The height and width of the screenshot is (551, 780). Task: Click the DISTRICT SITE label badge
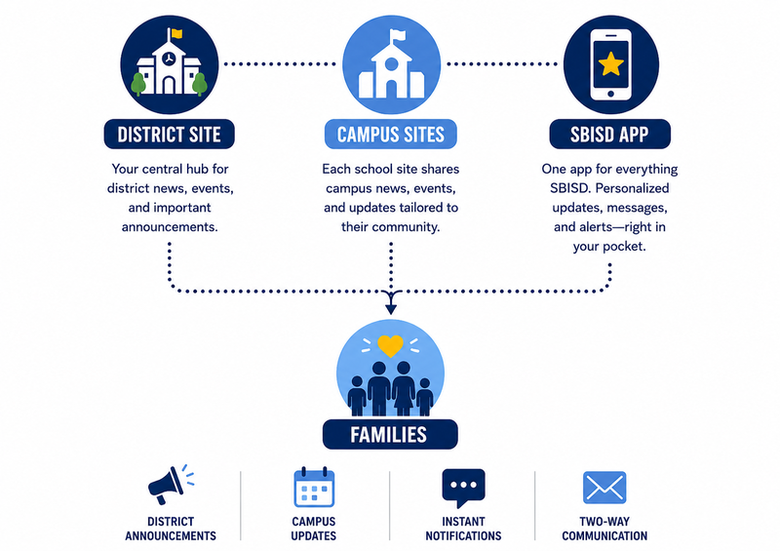(169, 135)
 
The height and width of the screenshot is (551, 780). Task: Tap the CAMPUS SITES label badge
(391, 135)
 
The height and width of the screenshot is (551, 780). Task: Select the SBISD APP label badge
(610, 135)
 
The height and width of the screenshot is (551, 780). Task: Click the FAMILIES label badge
(390, 435)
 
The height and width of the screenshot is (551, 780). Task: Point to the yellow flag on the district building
(176, 34)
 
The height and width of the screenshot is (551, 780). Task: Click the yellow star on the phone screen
(611, 64)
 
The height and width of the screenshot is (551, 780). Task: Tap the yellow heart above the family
(390, 346)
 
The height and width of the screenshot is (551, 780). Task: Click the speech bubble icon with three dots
(463, 488)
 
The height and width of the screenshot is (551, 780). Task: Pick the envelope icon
(604, 488)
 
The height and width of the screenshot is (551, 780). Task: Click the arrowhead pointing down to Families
(391, 309)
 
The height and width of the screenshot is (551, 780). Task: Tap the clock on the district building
(169, 59)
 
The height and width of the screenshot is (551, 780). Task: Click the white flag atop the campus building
(398, 35)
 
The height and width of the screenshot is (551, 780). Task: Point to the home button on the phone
(611, 94)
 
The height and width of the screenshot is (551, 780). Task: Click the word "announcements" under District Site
(170, 227)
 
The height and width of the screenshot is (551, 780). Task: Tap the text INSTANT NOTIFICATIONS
(463, 529)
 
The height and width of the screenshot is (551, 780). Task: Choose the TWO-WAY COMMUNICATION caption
(604, 529)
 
